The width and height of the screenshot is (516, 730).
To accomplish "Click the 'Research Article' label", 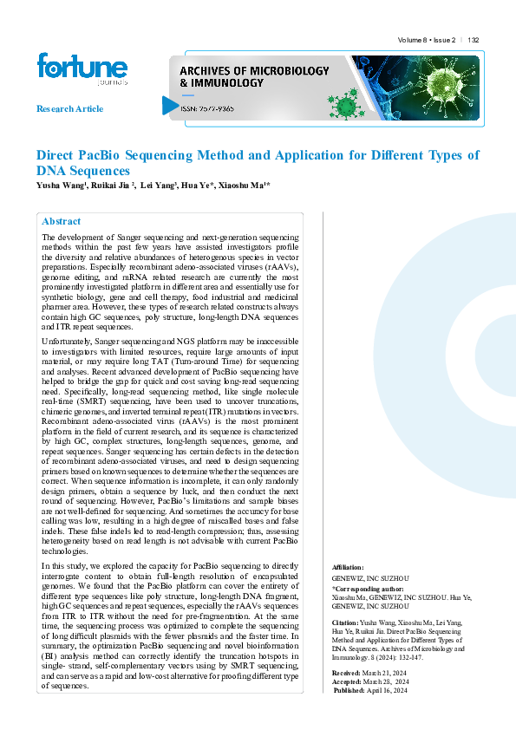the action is pyautogui.click(x=69, y=108).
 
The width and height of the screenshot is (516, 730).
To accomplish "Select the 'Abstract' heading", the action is pyautogui.click(x=61, y=221).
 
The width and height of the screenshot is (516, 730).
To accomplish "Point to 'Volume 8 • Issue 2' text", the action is pyautogui.click(x=426, y=40).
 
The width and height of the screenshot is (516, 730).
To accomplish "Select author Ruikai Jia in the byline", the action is pyautogui.click(x=114, y=186).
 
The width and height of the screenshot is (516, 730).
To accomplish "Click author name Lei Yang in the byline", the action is pyautogui.click(x=160, y=186).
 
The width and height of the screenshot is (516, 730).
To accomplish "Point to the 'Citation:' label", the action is pyautogui.click(x=346, y=623).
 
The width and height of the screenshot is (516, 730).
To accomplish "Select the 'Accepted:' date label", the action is pyautogui.click(x=349, y=681).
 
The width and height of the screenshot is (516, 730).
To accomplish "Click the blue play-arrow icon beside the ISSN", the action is pyautogui.click(x=171, y=106).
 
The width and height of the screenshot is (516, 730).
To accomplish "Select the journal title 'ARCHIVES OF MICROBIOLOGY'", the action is pyautogui.click(x=254, y=69).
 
